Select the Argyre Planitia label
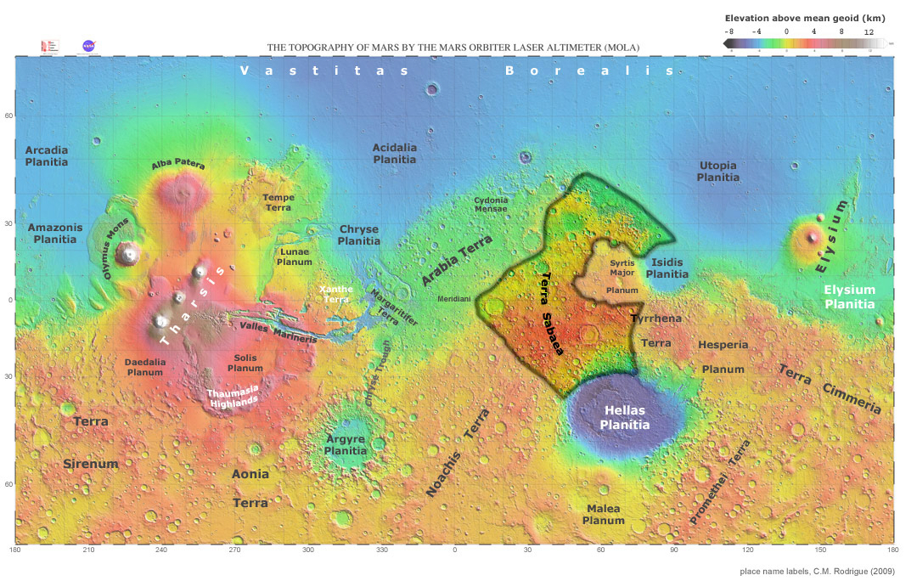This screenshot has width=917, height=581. (346, 444)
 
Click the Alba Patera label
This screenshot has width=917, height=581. (178, 165)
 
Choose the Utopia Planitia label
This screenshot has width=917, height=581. (717, 171)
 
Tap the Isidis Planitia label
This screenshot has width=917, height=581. (668, 268)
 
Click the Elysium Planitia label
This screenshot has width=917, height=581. (850, 296)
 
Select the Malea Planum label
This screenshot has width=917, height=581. (604, 514)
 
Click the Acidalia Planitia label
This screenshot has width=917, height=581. (395, 153)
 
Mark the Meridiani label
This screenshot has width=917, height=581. (453, 300)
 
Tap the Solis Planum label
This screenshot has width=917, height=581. (245, 363)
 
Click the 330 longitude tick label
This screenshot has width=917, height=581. (381, 550)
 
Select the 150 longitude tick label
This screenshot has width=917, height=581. (819, 550)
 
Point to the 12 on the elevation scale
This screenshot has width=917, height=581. (869, 31)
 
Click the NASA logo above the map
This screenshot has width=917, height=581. (88, 46)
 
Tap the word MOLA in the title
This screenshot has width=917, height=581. (621, 48)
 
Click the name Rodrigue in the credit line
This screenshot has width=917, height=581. (844, 571)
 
